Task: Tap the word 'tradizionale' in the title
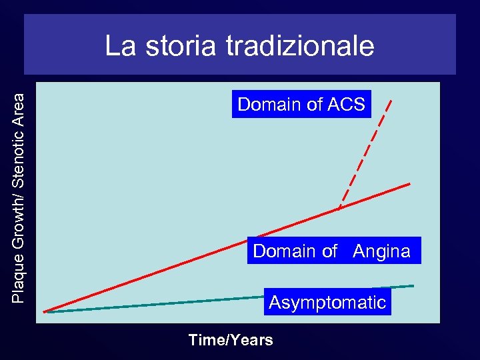click(x=300, y=46)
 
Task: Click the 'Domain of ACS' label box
click(x=301, y=104)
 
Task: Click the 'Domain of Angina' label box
click(x=333, y=251)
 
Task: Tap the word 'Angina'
click(x=381, y=251)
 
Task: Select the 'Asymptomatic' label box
click(x=327, y=302)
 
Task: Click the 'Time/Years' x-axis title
click(x=231, y=340)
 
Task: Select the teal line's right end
click(x=413, y=286)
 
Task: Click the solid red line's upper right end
click(x=409, y=183)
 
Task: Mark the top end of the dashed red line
click(x=391, y=100)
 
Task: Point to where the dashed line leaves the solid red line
click(x=339, y=209)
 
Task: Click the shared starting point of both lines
click(x=45, y=311)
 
